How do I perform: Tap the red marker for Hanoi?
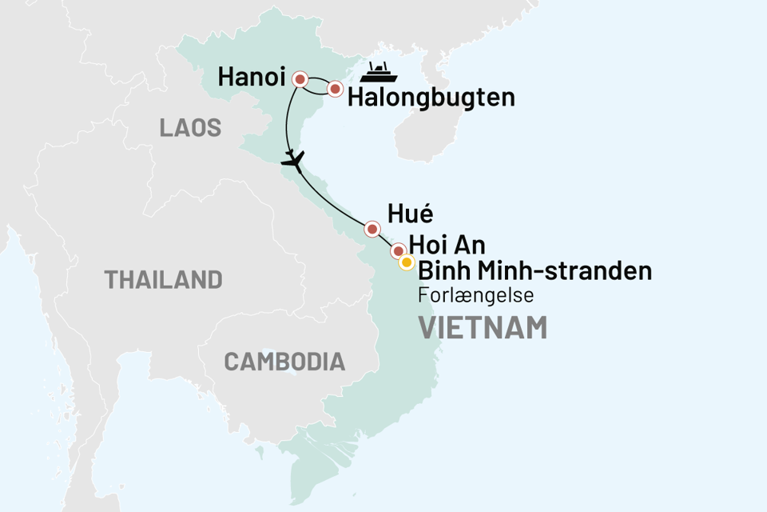point(300,78)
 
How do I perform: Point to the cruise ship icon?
point(379,72)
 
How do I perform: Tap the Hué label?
point(409,214)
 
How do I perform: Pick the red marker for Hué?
point(372,230)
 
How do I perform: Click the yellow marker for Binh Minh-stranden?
point(406,262)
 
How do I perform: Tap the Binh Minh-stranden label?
point(534,271)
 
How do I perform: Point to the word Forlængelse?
point(475,295)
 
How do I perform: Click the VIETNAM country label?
point(483,327)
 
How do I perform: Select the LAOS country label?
point(190,128)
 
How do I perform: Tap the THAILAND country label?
point(163,279)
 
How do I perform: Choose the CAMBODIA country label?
point(284,362)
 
